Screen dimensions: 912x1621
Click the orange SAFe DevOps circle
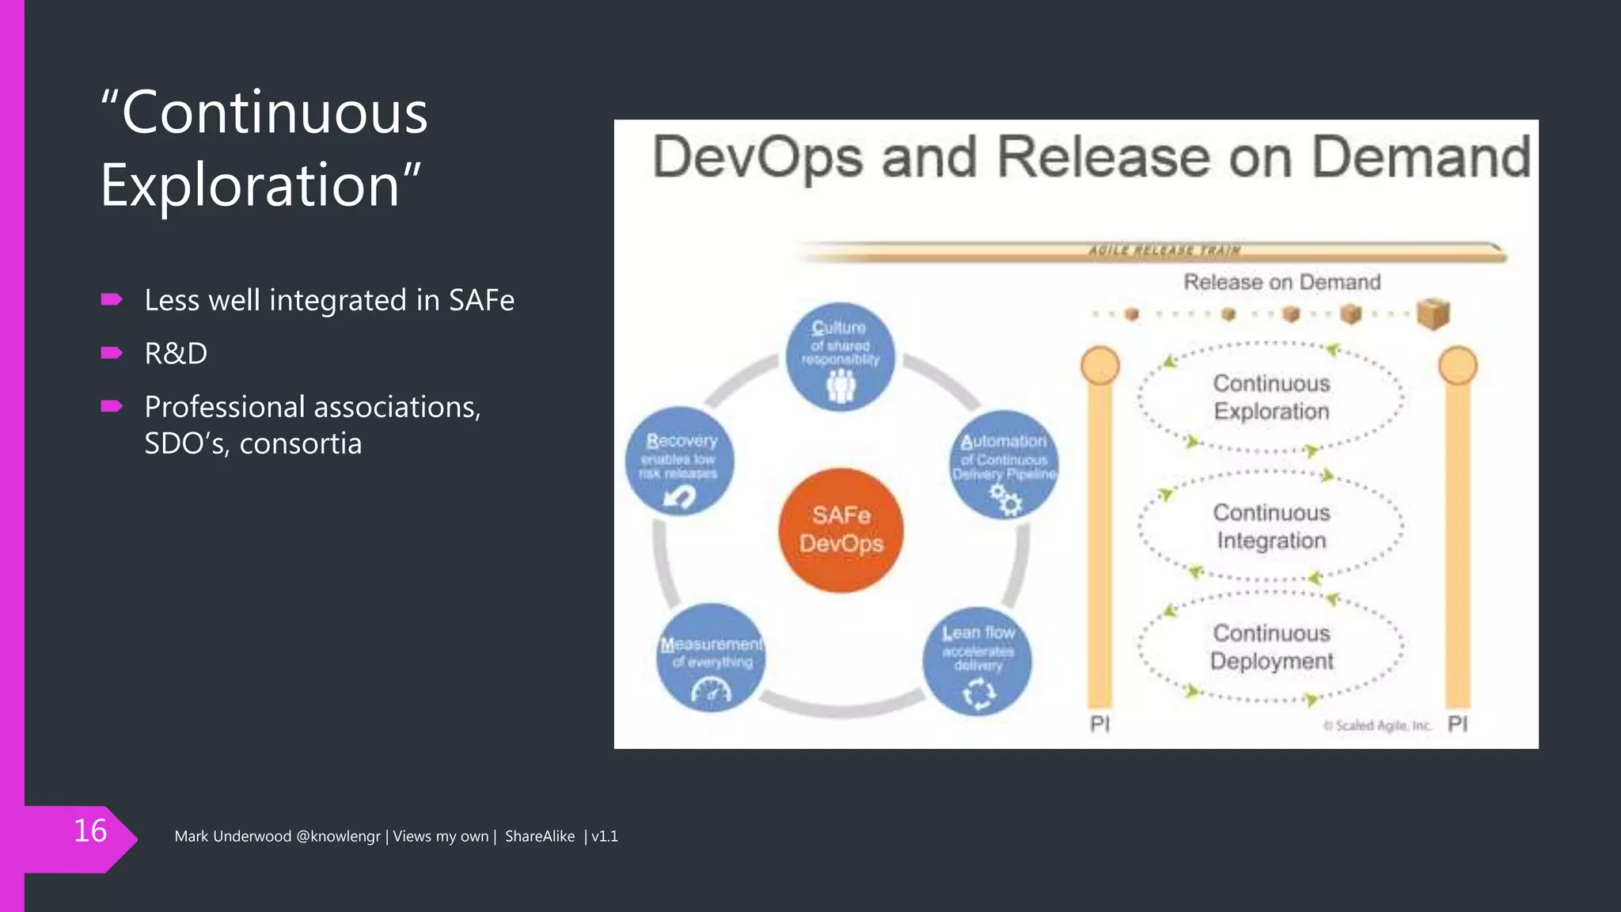point(841,530)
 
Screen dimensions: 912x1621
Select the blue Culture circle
point(840,357)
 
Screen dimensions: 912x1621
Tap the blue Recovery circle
point(679,462)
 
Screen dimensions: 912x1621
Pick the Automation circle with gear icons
point(1004,465)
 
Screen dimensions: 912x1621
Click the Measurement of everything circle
point(711,658)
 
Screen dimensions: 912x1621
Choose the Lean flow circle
point(978,661)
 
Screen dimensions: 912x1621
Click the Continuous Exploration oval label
point(1271,397)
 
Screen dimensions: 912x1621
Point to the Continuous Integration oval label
point(1271,526)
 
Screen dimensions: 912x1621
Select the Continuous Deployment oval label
point(1271,647)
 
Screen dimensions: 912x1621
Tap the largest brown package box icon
point(1433,313)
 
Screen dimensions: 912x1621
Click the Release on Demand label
point(1281,282)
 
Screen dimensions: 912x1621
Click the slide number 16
point(89,831)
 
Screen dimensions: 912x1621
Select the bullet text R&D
point(176,353)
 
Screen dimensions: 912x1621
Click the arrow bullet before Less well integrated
point(112,299)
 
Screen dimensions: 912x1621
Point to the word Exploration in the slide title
point(250,185)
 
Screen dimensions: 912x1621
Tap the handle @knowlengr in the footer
point(338,837)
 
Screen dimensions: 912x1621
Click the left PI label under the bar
point(1099,724)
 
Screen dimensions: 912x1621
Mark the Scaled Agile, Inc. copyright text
point(1378,725)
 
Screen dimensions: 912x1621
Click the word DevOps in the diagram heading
point(757,158)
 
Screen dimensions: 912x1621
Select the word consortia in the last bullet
point(301,443)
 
